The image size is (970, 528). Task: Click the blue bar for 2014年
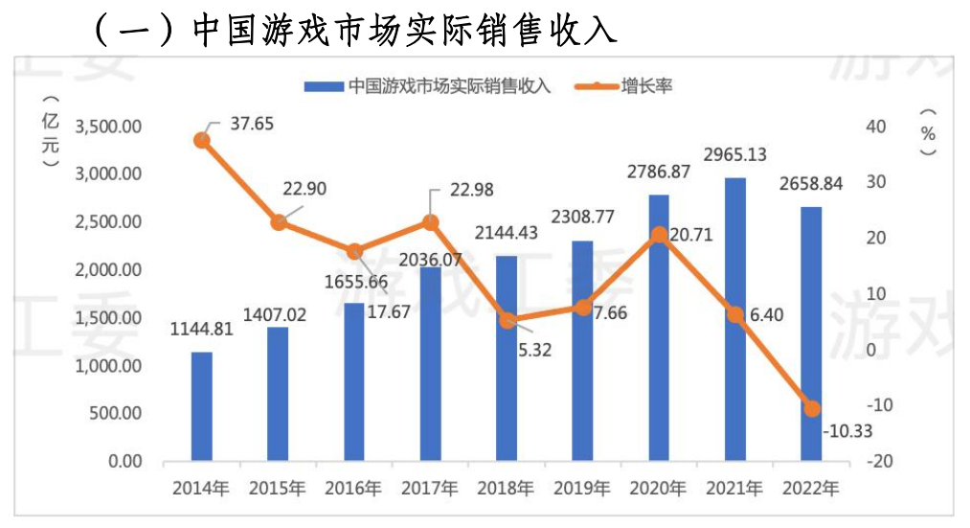pos(201,406)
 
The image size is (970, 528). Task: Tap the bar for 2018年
pos(506,358)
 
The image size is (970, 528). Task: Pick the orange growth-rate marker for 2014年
pos(202,140)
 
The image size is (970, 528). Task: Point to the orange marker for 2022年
pos(812,408)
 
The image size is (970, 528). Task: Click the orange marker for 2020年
pos(659,235)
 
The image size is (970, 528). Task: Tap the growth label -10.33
pos(846,431)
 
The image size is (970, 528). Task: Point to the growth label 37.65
pos(252,123)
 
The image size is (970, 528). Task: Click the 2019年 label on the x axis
pos(581,488)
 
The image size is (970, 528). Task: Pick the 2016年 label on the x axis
pos(352,488)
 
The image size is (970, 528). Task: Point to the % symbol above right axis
pos(927,134)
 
